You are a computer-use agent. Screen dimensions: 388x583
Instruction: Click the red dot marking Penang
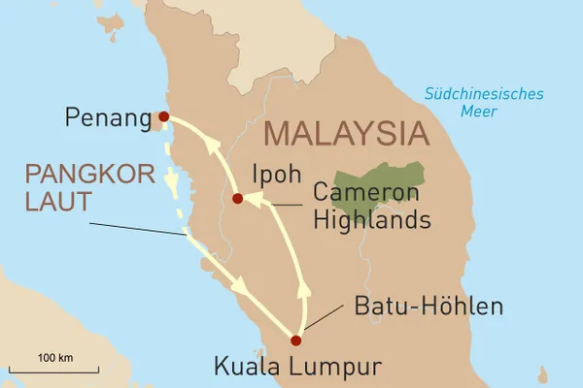tap(163, 116)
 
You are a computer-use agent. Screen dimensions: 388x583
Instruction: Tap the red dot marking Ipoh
tap(237, 199)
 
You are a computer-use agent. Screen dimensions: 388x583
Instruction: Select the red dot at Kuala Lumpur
tap(295, 339)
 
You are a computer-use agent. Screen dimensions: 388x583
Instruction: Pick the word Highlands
tap(371, 221)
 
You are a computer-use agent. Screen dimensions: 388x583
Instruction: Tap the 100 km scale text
tap(55, 358)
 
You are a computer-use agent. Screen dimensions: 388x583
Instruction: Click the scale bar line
tap(55, 370)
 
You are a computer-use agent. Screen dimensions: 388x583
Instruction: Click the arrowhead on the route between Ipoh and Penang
tap(211, 145)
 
